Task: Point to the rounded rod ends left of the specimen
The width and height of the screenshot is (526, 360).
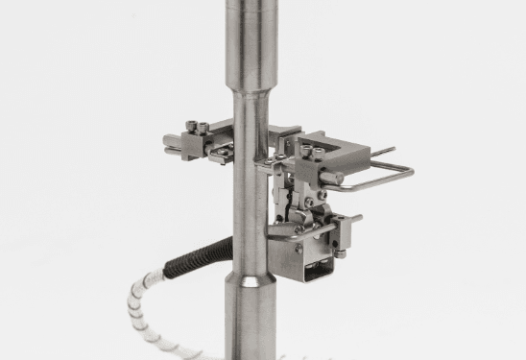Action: (x=170, y=144)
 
